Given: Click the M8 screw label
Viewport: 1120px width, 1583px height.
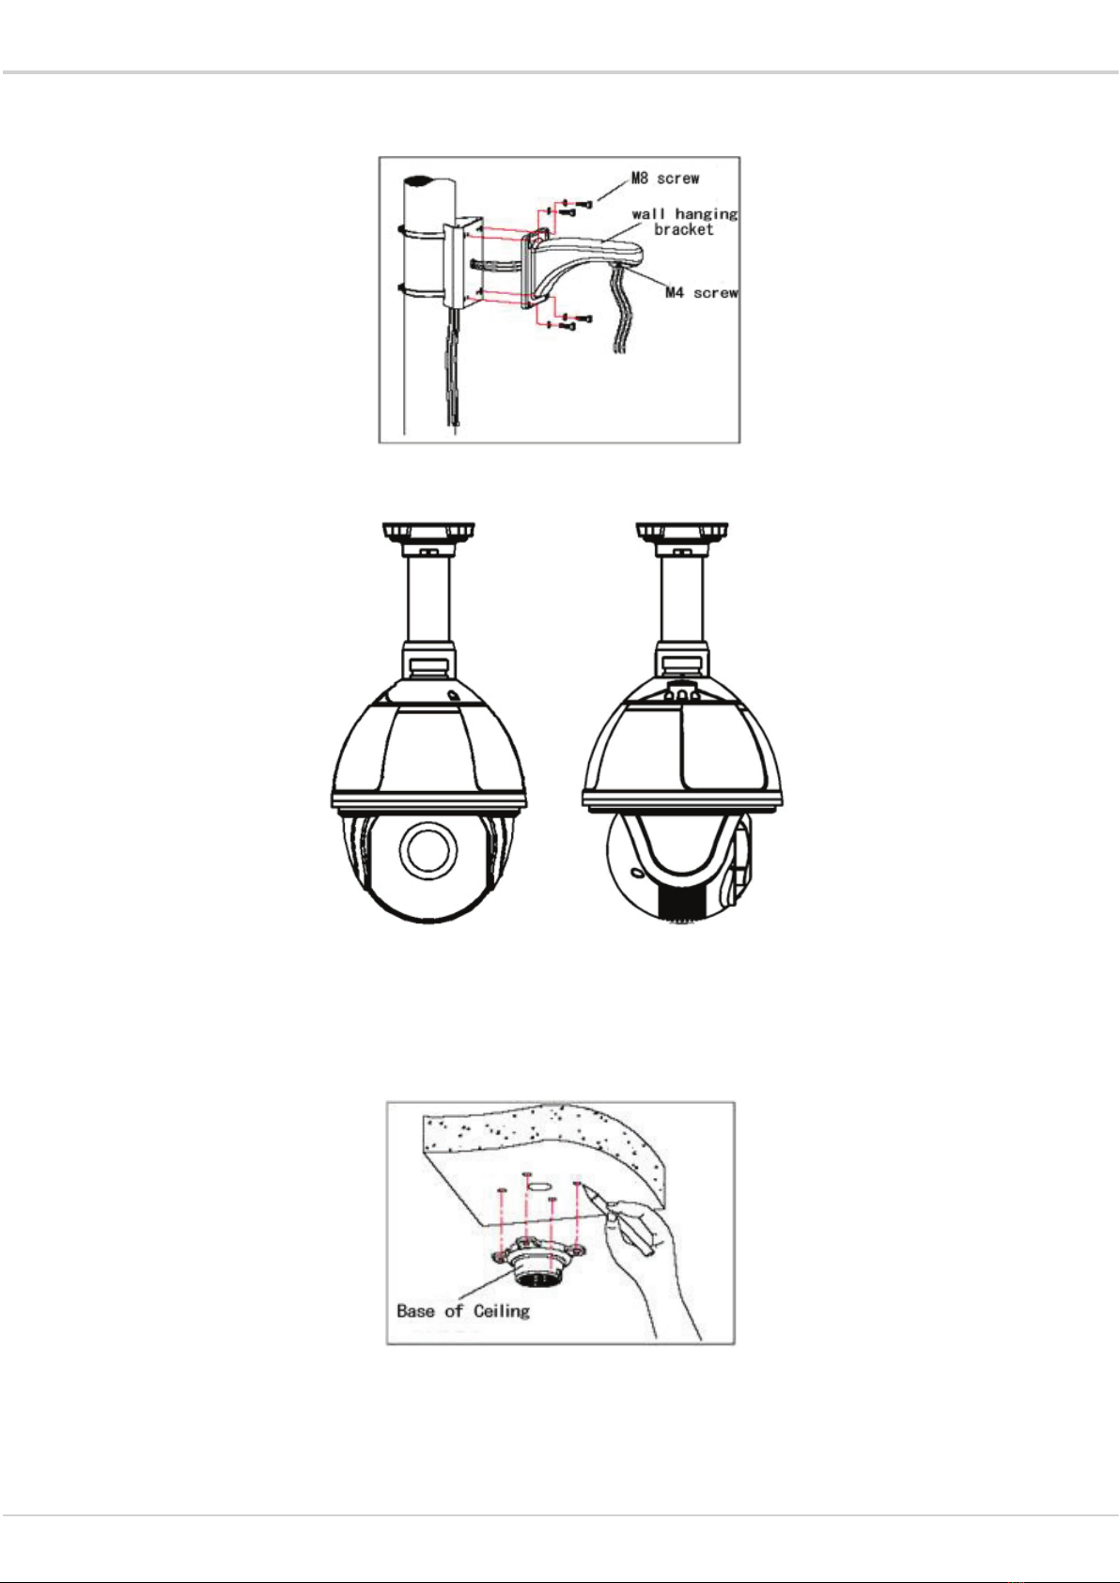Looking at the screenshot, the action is pyautogui.click(x=664, y=178).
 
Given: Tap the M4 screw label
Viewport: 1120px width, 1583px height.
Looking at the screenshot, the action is pyautogui.click(x=701, y=292).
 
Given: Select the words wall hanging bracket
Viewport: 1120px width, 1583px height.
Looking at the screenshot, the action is pyautogui.click(x=684, y=221).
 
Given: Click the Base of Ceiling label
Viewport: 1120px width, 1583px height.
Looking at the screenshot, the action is pyautogui.click(x=463, y=1311).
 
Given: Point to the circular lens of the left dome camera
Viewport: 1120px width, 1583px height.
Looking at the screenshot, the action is pyautogui.click(x=428, y=850).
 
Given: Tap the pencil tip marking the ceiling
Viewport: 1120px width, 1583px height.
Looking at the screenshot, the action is pyautogui.click(x=583, y=1188).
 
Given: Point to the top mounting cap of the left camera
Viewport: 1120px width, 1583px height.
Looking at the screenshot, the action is pyautogui.click(x=428, y=533).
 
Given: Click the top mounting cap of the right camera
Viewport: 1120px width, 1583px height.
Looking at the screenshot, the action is pyautogui.click(x=682, y=533).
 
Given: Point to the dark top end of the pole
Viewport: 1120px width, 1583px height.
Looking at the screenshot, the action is pyautogui.click(x=428, y=179).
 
